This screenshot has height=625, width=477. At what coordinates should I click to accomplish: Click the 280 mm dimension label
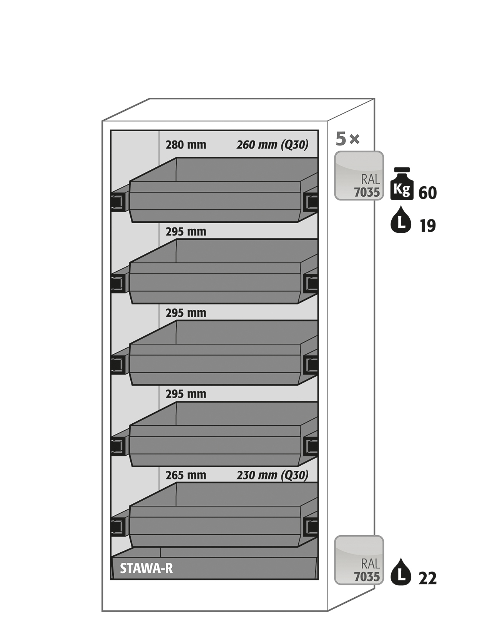pos(186,145)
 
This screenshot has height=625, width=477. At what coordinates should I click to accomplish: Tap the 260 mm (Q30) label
pos(273,145)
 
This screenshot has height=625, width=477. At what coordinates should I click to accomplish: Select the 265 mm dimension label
pos(186,475)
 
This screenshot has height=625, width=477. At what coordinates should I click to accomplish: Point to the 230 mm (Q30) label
pos(273,475)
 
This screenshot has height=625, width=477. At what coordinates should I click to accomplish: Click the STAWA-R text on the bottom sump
pos(146,569)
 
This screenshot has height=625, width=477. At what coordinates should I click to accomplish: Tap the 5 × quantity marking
pos(347,139)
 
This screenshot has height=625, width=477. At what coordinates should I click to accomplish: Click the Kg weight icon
pos(402,184)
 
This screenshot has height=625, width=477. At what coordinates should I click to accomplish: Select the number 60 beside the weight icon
pos(427,193)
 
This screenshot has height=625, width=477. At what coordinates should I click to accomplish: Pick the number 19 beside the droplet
pos(427,226)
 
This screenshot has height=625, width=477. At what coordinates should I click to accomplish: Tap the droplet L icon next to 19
pos(401,220)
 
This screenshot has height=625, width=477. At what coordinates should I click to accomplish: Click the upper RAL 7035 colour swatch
pos(359,175)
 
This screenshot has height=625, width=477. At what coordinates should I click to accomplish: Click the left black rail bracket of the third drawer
pos(118,364)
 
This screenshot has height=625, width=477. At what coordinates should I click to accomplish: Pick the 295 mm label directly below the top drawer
pos(186,232)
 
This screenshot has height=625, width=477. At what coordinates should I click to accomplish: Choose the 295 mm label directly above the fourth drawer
pos(186,394)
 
